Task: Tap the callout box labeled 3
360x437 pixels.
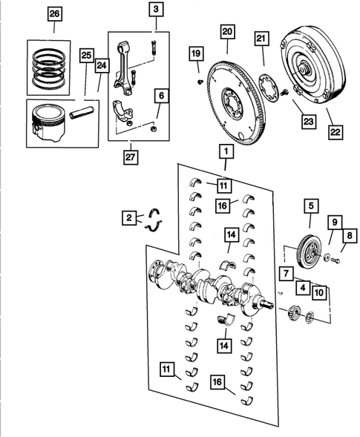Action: pos(156,10)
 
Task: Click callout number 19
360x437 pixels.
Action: pos(195,54)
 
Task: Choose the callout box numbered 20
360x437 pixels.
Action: pos(227,31)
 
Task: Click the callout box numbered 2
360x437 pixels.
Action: pos(130,217)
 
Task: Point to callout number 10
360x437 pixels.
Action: pos(318,292)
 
